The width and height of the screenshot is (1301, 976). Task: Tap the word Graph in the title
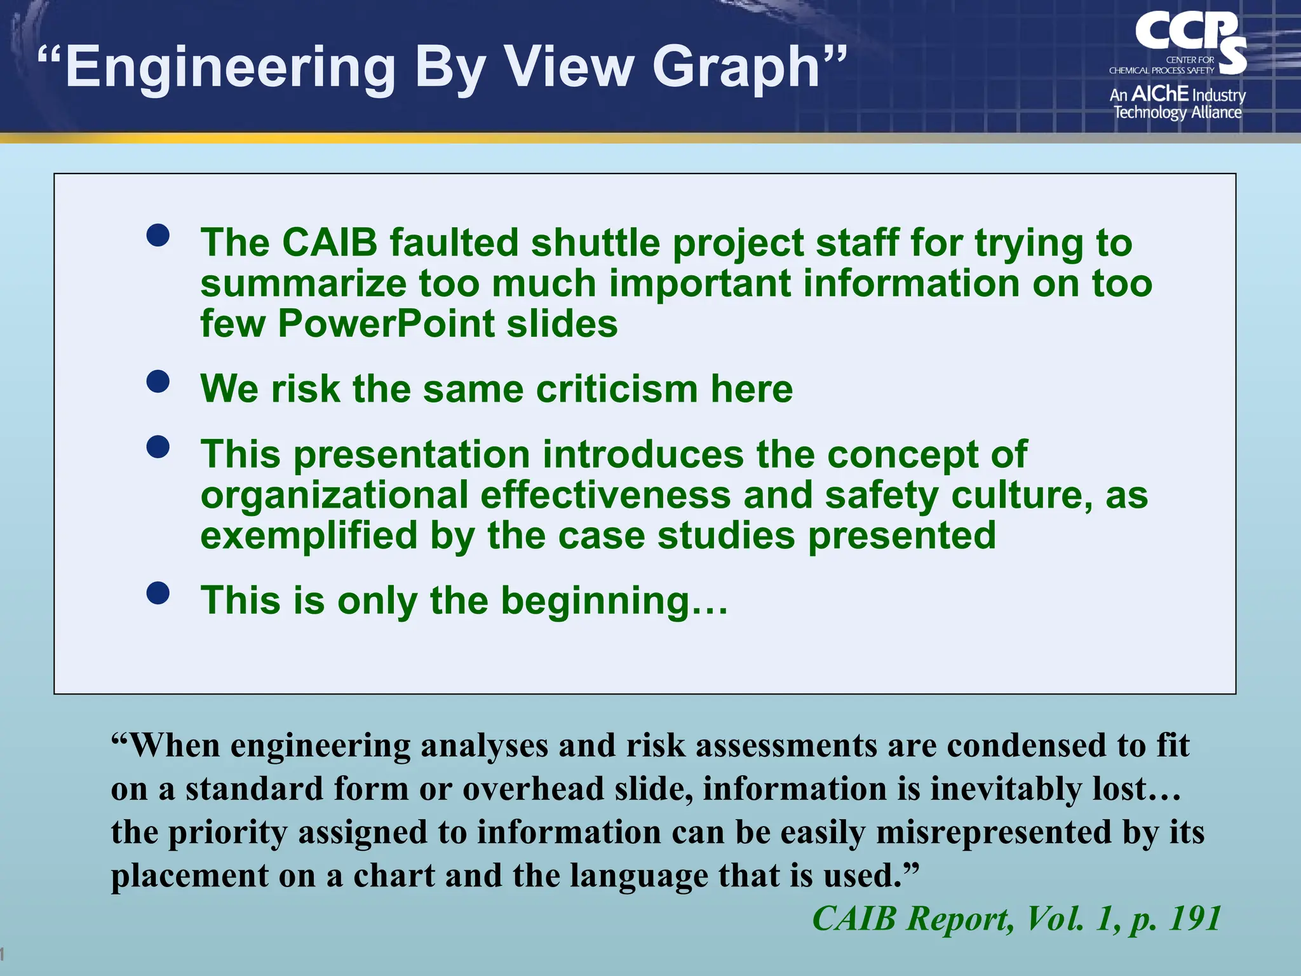(738, 67)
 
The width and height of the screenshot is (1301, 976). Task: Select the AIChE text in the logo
(1160, 94)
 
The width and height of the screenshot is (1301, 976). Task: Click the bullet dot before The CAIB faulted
(158, 235)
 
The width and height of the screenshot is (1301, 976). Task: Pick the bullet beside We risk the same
(158, 381)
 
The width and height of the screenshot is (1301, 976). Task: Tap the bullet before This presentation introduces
(158, 447)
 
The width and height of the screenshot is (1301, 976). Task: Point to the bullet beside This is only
(158, 593)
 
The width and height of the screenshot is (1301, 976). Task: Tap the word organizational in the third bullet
(334, 496)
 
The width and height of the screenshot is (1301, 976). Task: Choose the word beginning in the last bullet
(595, 600)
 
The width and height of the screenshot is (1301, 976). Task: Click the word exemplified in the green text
(309, 536)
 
